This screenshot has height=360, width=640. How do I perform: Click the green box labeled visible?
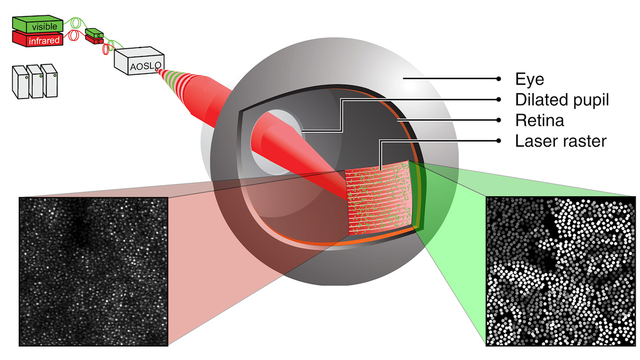[x=37, y=25]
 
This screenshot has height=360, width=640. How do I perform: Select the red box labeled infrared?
[x=37, y=38]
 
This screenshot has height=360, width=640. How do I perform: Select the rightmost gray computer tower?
[x=51, y=82]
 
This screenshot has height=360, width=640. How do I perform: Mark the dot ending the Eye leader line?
[x=499, y=78]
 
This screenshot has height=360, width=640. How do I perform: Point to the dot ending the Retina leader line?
[x=499, y=121]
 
